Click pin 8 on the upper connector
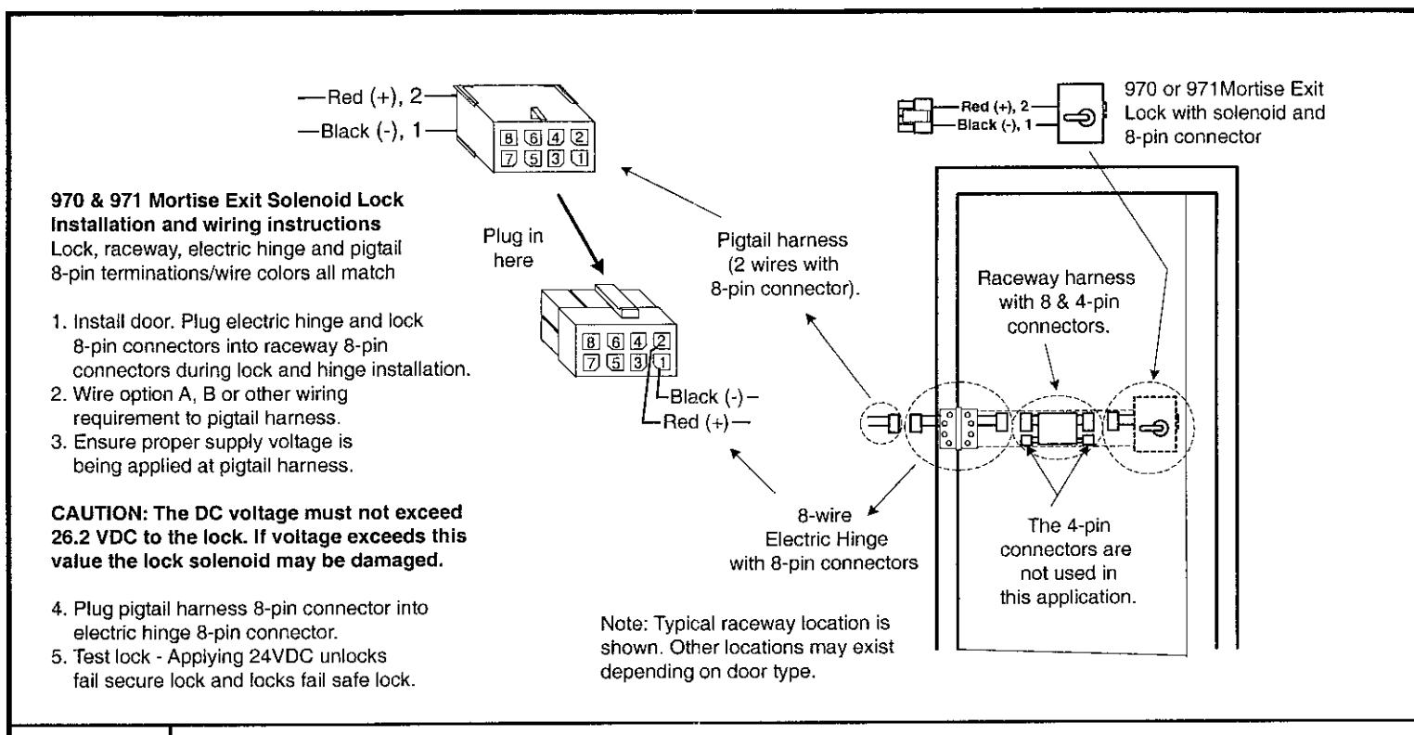(x=508, y=137)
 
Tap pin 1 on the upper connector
(x=580, y=158)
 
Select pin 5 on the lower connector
(x=615, y=363)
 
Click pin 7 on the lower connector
(x=591, y=363)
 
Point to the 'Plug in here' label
(x=513, y=248)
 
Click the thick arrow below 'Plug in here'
(x=580, y=234)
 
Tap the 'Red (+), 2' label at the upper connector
(x=374, y=97)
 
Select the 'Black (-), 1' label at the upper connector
(x=371, y=131)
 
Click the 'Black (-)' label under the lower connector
(x=706, y=396)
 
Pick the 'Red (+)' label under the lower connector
(x=696, y=422)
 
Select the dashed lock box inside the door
(x=1155, y=424)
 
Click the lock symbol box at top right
(x=1081, y=113)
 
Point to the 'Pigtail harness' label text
(x=782, y=240)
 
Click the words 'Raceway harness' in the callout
(x=1056, y=277)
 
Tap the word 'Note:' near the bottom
(x=623, y=624)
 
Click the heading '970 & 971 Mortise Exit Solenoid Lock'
(x=227, y=200)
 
